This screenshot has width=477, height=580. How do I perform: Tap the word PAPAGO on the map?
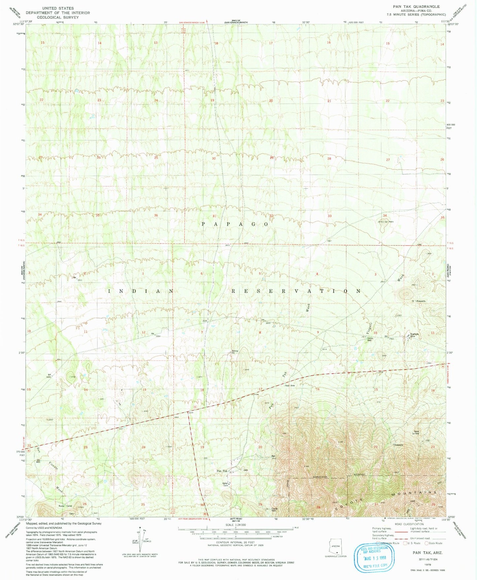(235, 224)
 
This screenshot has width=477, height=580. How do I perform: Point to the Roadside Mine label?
(415, 335)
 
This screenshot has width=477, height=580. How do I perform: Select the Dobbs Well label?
(369, 339)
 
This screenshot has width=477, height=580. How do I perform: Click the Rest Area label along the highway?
(290, 385)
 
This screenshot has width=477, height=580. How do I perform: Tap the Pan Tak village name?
(222, 471)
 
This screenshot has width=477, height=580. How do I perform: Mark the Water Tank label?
(225, 484)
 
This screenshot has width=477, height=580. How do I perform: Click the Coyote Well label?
(274, 509)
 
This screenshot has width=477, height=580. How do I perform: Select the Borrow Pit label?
(235, 352)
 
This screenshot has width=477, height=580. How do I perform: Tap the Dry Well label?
(38, 461)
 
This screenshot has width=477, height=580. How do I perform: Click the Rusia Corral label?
(65, 506)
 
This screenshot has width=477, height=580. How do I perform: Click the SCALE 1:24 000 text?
(235, 525)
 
